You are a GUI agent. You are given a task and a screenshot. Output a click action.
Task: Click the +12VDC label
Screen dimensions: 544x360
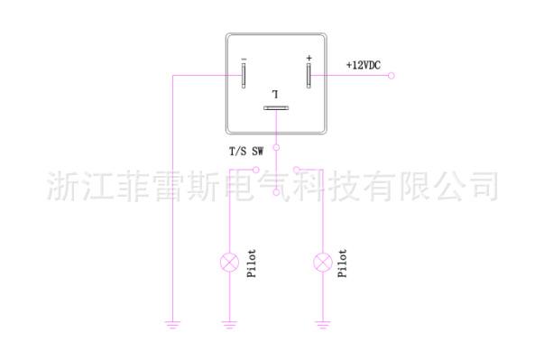tap(364, 65)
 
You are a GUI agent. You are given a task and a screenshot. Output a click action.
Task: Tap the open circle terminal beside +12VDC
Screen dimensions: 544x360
tap(392, 76)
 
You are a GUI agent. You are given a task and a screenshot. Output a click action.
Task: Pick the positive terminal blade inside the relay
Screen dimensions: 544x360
tap(309, 76)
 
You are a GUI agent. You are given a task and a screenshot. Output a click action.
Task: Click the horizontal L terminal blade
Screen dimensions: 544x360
tap(276, 108)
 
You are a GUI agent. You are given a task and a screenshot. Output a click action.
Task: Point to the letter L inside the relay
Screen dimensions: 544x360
tap(275, 94)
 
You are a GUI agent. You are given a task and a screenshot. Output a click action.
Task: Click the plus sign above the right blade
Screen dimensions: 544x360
tap(309, 58)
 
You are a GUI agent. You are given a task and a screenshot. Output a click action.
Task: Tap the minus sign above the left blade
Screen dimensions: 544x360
tap(244, 60)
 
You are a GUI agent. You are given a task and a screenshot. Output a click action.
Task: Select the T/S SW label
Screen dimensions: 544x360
tap(246, 152)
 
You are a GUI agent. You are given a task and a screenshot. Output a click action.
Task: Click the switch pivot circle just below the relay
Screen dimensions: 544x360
tap(276, 148)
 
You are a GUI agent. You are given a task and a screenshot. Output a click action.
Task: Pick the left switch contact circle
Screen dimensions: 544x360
tap(256, 170)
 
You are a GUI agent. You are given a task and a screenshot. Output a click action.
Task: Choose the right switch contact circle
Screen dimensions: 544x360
tap(296, 170)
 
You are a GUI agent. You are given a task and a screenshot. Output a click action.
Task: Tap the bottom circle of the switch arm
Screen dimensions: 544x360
tap(276, 192)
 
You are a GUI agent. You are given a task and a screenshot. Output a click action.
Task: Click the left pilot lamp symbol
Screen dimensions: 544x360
tap(230, 263)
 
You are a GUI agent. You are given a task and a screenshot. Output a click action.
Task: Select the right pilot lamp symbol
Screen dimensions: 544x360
tap(323, 263)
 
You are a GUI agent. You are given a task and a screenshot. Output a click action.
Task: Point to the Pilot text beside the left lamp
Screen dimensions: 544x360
tap(252, 263)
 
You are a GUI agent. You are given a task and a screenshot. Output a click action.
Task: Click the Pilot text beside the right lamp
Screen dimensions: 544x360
tap(343, 263)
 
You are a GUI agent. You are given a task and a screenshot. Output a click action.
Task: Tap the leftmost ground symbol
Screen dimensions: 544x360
tap(173, 325)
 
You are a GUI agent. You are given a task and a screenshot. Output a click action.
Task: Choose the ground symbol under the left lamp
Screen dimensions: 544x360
tap(230, 325)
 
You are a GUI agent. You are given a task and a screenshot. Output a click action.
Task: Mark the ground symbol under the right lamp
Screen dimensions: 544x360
tap(323, 325)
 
